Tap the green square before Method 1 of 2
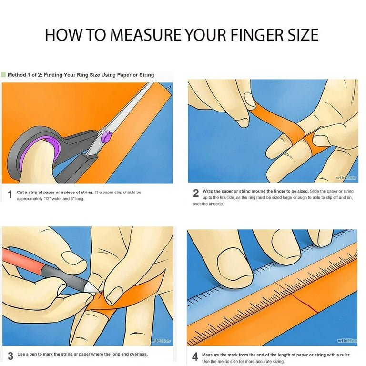(x=4, y=75)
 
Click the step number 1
(x=9, y=195)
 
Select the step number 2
(x=195, y=193)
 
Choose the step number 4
(x=195, y=358)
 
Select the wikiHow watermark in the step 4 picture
(x=346, y=341)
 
